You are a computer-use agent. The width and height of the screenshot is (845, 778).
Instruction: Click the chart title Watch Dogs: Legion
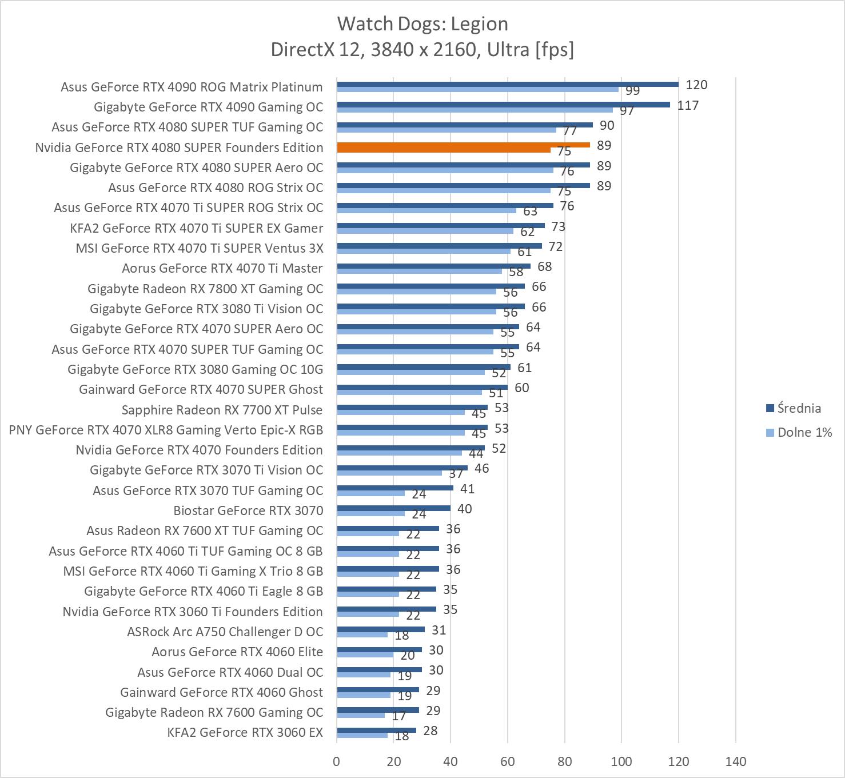tap(422, 24)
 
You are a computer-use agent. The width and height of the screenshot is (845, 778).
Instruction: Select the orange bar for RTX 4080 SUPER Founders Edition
tap(463, 145)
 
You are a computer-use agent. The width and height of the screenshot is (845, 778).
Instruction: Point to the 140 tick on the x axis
tap(735, 761)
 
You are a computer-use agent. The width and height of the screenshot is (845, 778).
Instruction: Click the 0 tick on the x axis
tap(337, 761)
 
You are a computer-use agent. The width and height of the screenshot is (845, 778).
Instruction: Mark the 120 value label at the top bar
tap(696, 85)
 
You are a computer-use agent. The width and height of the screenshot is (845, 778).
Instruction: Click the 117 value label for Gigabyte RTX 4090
tap(688, 105)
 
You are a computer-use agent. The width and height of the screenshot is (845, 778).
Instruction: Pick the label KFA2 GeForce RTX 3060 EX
tap(245, 732)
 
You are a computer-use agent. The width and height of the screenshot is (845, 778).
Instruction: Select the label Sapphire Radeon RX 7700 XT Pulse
tap(222, 410)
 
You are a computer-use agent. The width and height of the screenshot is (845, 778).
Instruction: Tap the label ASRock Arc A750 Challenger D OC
tap(225, 632)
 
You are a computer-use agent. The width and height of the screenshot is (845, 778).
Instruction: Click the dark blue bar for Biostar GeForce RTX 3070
tap(393, 508)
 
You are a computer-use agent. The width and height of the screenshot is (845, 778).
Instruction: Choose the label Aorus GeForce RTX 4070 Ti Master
tap(222, 268)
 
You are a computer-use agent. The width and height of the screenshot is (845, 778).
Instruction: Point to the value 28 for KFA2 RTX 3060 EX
tap(430, 731)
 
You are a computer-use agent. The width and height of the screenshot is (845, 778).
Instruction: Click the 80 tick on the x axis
tap(564, 761)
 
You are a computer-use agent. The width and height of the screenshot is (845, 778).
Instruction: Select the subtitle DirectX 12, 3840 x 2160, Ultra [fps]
tap(422, 50)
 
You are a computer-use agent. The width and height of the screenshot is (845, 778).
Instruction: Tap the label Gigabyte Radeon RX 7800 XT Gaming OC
tap(205, 289)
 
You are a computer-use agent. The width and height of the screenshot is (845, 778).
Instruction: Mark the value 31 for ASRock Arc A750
tap(439, 630)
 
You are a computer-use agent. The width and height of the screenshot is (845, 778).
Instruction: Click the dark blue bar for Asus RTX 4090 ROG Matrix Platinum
tap(507, 84)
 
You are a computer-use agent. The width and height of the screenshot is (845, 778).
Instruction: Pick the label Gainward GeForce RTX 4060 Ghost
tap(221, 692)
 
